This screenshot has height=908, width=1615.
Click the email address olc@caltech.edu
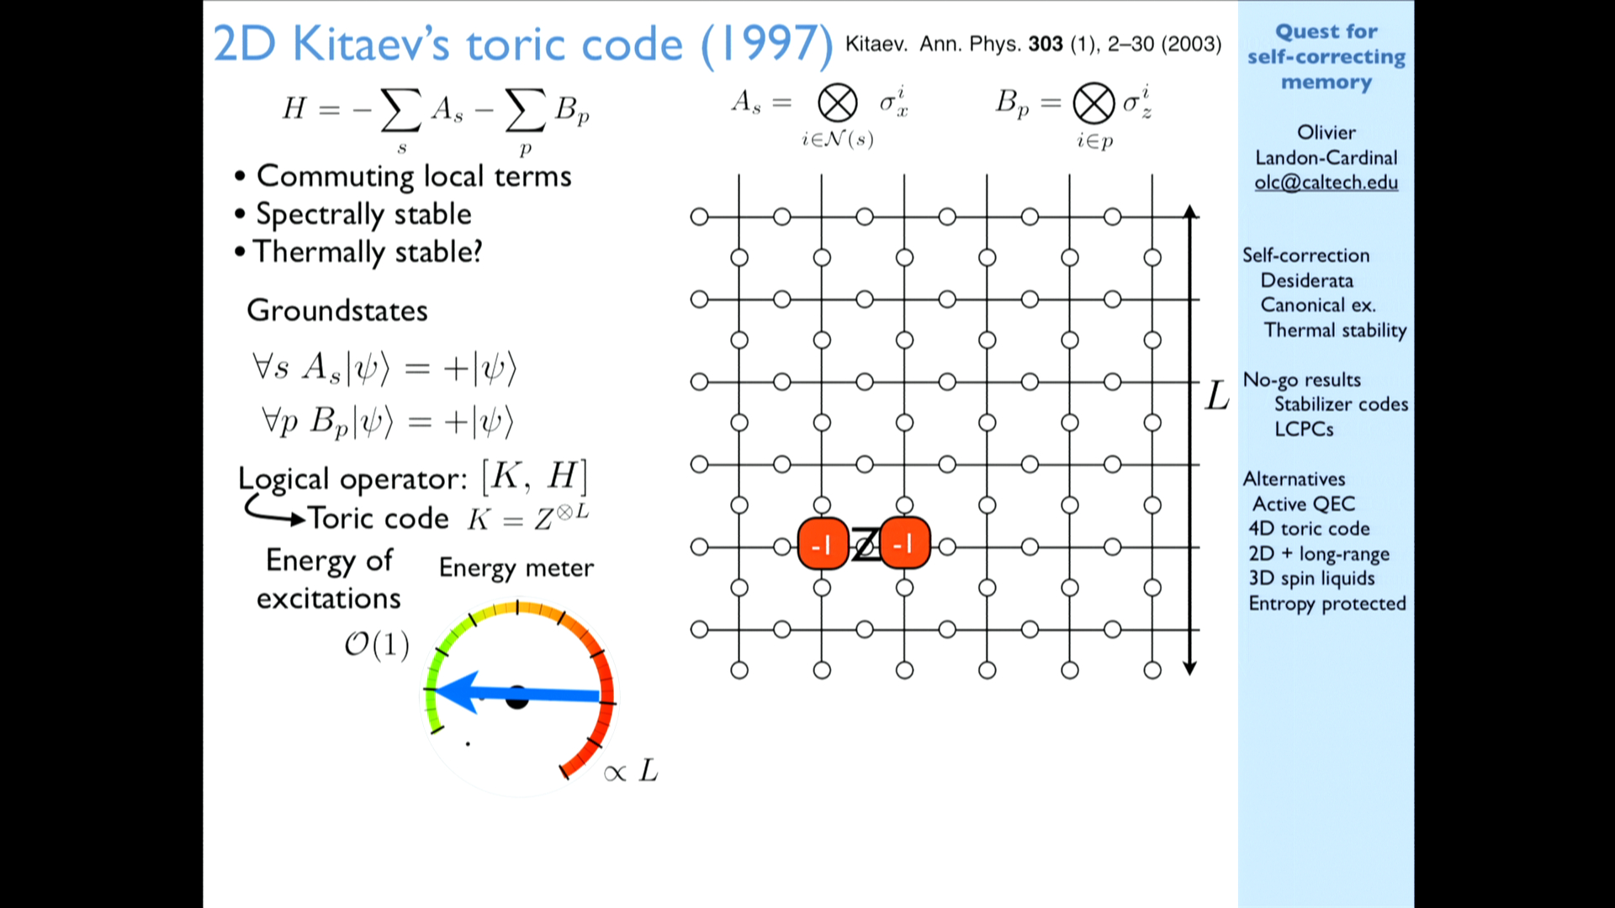tap(1326, 182)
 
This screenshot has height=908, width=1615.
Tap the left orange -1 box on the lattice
tap(823, 544)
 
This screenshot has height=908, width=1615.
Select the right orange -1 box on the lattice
tap(905, 544)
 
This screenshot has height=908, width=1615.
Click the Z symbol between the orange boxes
tap(865, 545)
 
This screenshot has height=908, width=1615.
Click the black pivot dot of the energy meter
tap(516, 696)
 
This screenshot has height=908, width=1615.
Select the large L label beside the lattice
tap(1217, 395)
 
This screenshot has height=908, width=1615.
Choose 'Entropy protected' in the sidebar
tap(1326, 604)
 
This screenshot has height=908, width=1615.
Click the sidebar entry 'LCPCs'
tap(1304, 429)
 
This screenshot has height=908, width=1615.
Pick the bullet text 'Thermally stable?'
tap(368, 252)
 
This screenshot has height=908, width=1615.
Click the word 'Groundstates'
tap(337, 310)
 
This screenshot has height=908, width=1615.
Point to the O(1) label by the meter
tap(377, 645)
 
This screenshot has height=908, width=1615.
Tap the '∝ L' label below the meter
tap(631, 770)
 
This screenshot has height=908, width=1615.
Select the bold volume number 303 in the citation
tap(1046, 44)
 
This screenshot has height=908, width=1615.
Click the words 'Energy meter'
tap(516, 568)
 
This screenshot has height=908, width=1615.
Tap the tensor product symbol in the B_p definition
tap(1093, 104)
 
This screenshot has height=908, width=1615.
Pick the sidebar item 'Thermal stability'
tap(1335, 330)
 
